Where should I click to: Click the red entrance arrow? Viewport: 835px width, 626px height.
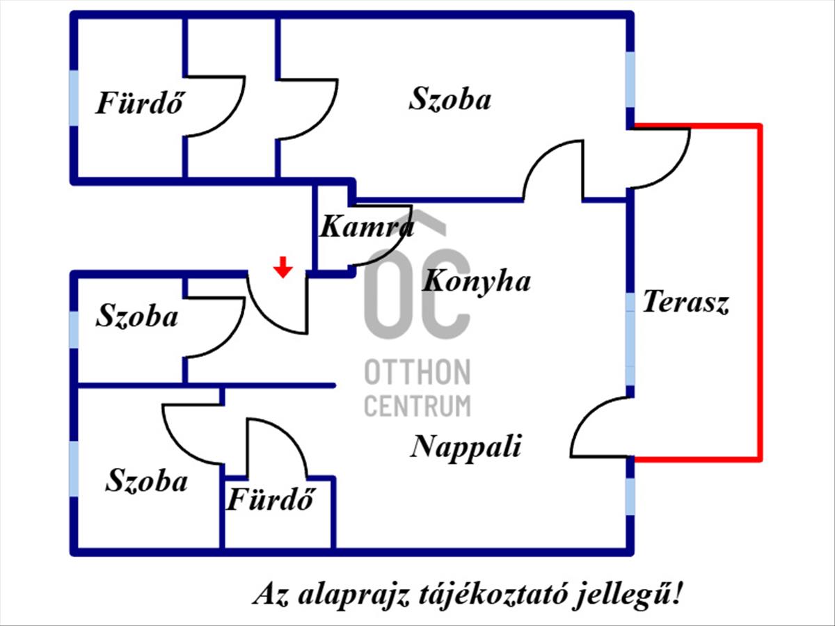282,266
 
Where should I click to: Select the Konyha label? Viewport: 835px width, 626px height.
477,282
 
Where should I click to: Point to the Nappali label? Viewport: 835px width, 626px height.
466,446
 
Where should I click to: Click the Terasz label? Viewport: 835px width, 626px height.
685,303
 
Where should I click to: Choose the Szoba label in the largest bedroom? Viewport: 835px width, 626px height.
450,99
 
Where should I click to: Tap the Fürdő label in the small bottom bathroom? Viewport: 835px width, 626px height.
271,500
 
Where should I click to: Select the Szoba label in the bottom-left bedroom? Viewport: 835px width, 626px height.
147,481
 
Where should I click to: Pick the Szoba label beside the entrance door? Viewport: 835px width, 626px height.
137,316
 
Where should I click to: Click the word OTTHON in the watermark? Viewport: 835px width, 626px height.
417,372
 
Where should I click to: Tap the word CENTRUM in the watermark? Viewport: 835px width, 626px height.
417,405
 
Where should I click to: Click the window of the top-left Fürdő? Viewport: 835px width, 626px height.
74,97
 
